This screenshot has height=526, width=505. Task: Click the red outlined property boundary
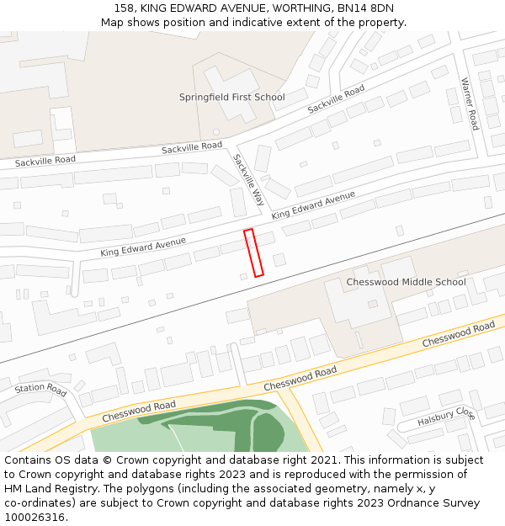pos(253,252)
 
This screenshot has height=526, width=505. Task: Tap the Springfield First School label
pos(231,97)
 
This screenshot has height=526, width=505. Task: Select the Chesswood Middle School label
pos(406,282)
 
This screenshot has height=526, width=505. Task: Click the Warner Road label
pos(469,104)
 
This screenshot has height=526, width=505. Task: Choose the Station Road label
pos(40,390)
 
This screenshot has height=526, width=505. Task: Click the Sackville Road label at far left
pos(45,160)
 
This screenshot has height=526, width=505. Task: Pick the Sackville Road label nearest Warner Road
pos(336,99)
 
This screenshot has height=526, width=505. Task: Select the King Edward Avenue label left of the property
pos(143,247)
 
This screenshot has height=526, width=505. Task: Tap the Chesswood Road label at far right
pos(458,334)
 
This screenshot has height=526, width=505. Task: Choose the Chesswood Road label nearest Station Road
pos(139,412)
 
